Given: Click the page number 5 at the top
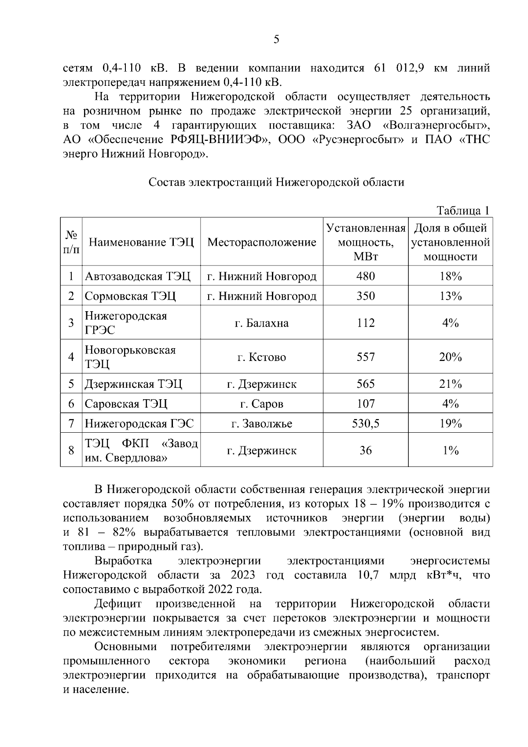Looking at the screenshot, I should [x=276, y=40].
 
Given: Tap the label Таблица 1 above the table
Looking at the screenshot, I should [x=463, y=211].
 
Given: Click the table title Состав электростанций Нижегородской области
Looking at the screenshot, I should [x=276, y=182].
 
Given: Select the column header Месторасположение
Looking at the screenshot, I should [x=262, y=242].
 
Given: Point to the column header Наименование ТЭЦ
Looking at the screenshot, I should [x=141, y=242].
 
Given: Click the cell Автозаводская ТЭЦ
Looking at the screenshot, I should [x=138, y=276].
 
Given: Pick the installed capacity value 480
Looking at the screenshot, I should [x=366, y=276].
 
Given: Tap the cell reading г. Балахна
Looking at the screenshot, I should [x=262, y=323].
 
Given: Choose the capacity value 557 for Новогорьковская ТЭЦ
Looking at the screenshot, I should [x=366, y=357].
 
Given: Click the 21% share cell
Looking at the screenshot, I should [x=450, y=384].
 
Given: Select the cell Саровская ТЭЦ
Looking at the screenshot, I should [x=126, y=404].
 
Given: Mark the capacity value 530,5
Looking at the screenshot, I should [x=366, y=424].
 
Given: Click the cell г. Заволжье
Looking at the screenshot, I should [x=262, y=424].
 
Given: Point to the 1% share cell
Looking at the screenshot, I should [x=450, y=451].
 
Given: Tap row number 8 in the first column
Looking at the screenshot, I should [x=71, y=451].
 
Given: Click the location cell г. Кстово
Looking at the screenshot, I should [x=262, y=357].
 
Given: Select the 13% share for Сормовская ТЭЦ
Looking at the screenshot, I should [x=450, y=296].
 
